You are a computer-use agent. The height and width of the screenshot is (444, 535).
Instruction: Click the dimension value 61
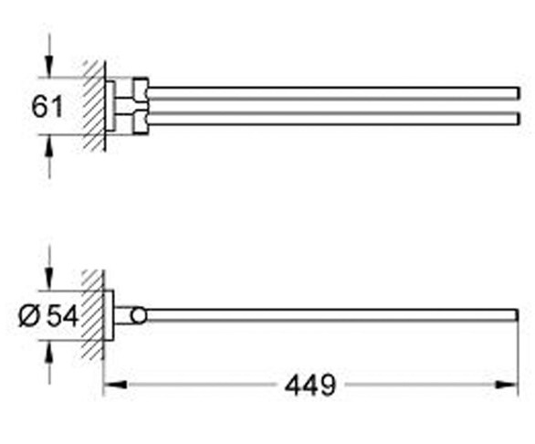pos(47,106)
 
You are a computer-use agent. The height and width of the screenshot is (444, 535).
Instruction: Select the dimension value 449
pos(309,385)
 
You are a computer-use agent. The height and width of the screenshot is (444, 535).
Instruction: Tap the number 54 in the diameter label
pos(62,315)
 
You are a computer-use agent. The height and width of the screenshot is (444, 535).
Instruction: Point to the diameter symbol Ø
pos(28,315)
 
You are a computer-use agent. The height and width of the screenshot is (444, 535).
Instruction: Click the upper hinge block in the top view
pos(140,90)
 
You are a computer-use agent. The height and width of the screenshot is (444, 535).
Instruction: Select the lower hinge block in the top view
pos(140,120)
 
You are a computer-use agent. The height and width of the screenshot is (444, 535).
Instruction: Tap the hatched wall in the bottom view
pos(92,314)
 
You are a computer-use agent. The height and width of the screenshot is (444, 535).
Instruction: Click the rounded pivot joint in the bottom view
pos(138,315)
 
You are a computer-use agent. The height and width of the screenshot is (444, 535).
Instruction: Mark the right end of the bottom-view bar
pos(515,315)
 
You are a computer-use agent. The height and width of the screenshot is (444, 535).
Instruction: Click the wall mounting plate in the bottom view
pos(108,315)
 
